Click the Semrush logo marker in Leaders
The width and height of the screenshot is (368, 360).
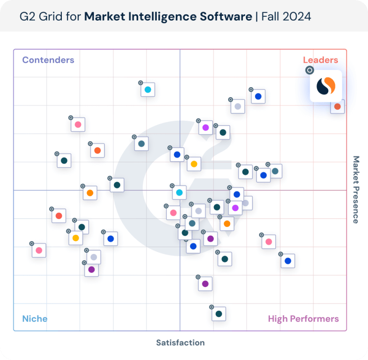[326, 86]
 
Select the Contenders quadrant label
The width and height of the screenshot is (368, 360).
[48, 60]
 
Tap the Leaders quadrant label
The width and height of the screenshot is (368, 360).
[320, 60]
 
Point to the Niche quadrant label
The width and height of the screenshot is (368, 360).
[34, 319]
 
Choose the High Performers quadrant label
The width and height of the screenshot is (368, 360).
[303, 319]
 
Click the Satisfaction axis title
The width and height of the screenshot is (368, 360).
[180, 342]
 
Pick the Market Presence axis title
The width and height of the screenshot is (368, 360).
[356, 189]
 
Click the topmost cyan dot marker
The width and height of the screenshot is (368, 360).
[148, 90]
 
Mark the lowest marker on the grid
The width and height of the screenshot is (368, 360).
[218, 314]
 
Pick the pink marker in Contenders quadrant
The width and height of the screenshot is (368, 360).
[78, 125]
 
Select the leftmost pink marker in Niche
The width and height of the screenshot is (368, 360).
[39, 250]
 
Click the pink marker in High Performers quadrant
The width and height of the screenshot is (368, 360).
[269, 242]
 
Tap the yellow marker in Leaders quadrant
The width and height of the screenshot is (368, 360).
[194, 164]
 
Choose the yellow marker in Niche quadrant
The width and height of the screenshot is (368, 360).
[75, 238]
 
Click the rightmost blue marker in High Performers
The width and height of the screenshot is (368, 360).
[287, 261]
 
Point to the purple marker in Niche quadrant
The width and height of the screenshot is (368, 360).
[92, 269]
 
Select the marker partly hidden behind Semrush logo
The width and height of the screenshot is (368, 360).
[337, 106]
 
